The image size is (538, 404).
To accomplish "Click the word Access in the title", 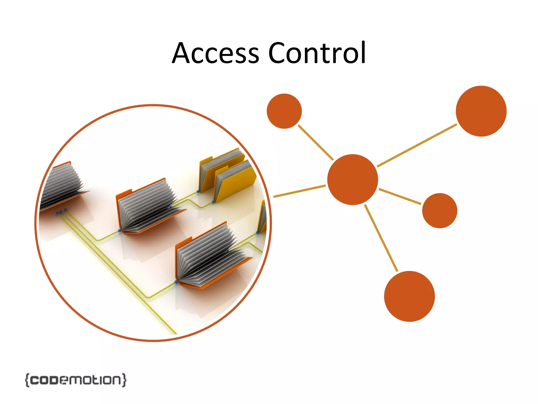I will (215, 53).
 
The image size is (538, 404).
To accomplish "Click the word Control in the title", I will (317, 53).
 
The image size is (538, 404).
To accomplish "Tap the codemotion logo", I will (76, 380).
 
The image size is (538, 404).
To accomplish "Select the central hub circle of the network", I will (353, 180).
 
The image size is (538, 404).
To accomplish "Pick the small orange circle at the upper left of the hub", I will (284, 111).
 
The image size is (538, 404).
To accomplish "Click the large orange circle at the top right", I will (481, 111).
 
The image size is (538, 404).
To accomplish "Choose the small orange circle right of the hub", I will (439, 210).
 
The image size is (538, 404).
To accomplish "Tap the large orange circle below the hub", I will (409, 296).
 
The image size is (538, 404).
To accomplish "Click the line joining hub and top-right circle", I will (417, 145).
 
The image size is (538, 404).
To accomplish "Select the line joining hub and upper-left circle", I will (315, 142).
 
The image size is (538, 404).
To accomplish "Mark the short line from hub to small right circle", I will (400, 196).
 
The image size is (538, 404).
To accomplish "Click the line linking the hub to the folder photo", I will (299, 191).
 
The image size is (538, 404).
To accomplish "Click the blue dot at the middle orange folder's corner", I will (120, 231).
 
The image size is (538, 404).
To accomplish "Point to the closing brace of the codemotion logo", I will (124, 380).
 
